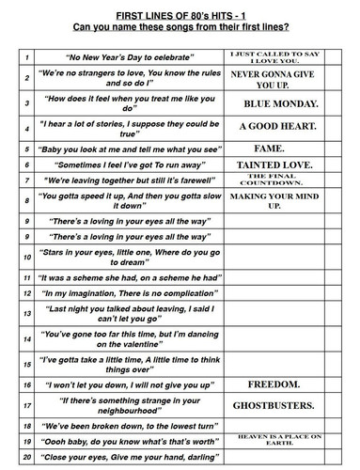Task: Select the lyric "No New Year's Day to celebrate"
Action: [x=117, y=57]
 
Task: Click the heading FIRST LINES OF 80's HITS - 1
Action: [x=180, y=8]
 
